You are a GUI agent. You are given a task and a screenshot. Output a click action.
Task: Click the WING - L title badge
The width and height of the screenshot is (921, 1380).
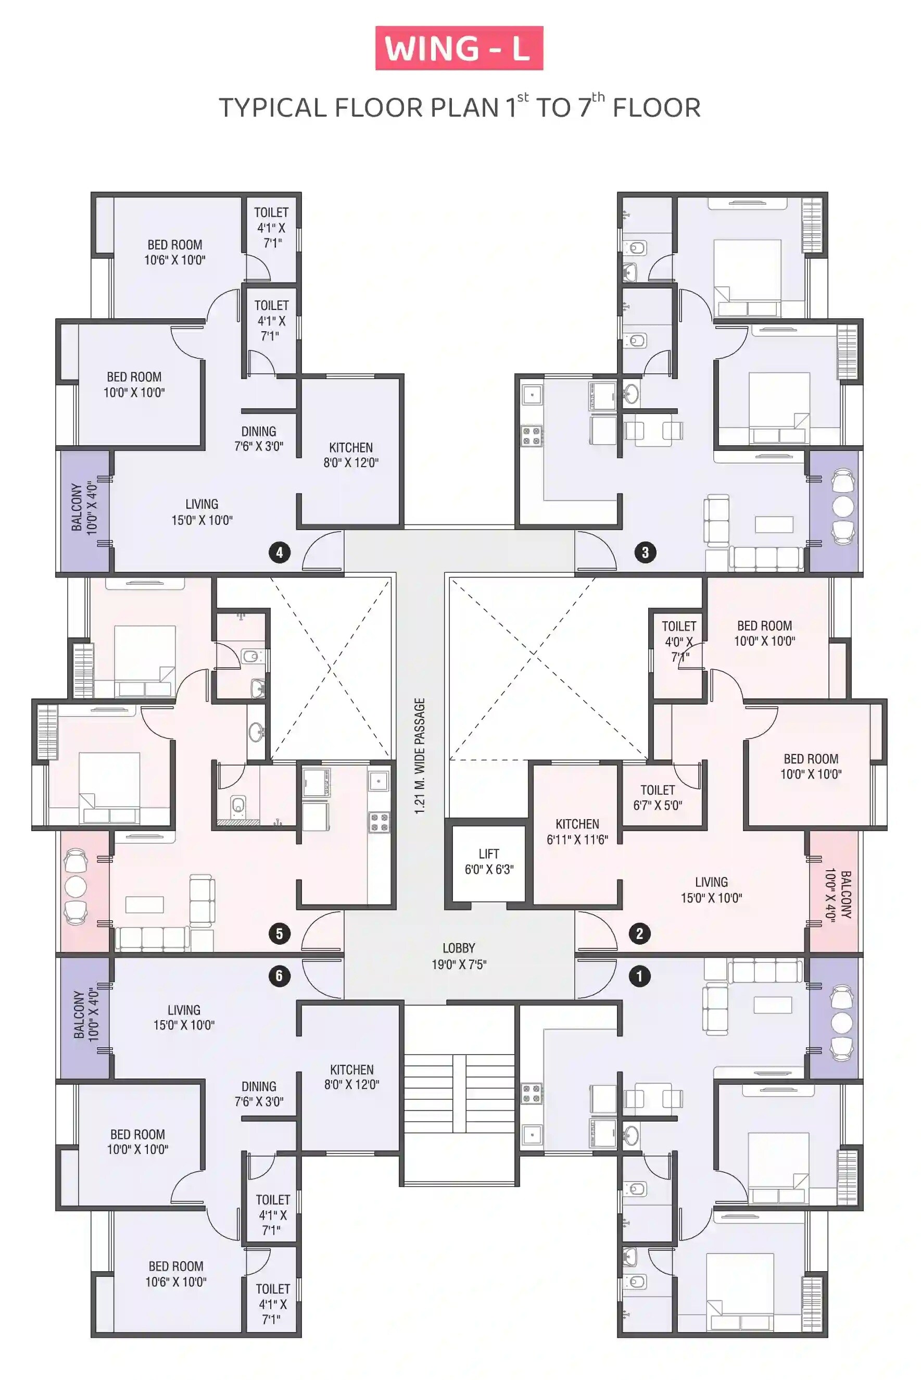tap(459, 48)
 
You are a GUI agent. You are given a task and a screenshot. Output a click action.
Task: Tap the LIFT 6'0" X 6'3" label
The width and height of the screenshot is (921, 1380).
tap(489, 862)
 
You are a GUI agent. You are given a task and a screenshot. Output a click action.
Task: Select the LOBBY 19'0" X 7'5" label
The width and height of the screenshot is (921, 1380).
tap(459, 956)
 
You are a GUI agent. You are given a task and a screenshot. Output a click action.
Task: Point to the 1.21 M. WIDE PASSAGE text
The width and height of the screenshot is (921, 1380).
tap(420, 756)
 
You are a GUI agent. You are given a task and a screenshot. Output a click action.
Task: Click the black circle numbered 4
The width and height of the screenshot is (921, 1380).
tap(280, 552)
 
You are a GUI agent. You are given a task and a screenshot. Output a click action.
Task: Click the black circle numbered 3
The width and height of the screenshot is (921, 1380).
tap(645, 552)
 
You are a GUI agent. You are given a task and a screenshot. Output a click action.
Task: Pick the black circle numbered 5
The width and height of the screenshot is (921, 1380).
tap(280, 934)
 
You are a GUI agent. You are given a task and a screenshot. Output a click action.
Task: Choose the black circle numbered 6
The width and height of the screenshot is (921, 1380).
tap(280, 976)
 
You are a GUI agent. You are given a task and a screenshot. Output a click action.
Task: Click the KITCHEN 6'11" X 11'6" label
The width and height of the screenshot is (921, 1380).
tap(577, 832)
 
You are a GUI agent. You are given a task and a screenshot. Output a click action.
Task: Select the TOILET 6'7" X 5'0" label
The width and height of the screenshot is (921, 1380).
tap(657, 798)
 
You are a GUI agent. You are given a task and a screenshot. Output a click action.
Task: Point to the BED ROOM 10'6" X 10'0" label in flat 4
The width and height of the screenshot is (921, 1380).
tap(174, 252)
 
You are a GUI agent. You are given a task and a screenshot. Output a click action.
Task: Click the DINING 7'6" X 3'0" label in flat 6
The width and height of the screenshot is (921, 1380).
tap(258, 1094)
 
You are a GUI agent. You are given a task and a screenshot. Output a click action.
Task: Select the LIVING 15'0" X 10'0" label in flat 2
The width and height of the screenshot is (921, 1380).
tap(711, 889)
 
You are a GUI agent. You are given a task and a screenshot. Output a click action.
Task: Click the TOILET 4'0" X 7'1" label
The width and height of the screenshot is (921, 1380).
tap(678, 641)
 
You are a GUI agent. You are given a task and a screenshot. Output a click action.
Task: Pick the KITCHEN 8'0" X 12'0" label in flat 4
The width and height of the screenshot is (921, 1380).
tap(351, 455)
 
